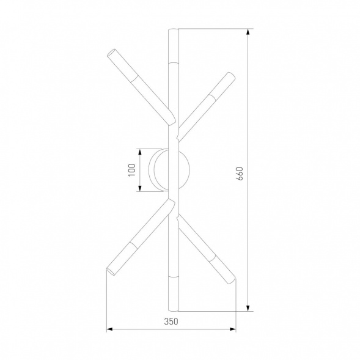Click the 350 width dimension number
172,321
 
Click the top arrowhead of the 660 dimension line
248,31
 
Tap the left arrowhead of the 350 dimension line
109,329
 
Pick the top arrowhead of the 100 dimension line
140,150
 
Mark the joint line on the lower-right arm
210,259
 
